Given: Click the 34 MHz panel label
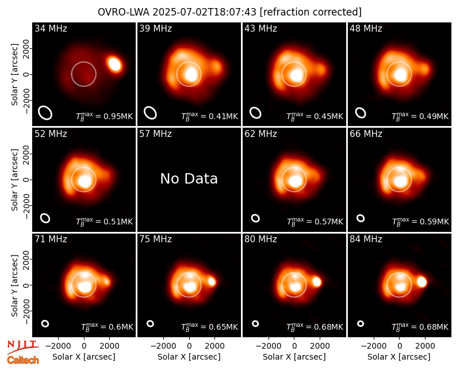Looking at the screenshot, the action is pyautogui.click(x=51, y=28).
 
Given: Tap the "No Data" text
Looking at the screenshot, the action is pyautogui.click(x=189, y=178).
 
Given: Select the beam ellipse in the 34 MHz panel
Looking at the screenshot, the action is pyautogui.click(x=45, y=113).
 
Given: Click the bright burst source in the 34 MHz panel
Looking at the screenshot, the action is pyautogui.click(x=114, y=64).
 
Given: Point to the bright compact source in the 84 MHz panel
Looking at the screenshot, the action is pyautogui.click(x=421, y=282).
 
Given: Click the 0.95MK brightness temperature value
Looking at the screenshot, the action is pyautogui.click(x=114, y=116).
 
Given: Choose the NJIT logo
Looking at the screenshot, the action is pyautogui.click(x=22, y=346).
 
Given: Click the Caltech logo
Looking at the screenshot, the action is pyautogui.click(x=23, y=360).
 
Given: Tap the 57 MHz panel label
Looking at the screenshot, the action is pyautogui.click(x=155, y=134).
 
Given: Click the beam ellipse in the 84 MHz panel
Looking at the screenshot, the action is pyautogui.click(x=361, y=323).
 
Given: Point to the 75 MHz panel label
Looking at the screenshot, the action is pyautogui.click(x=155, y=239).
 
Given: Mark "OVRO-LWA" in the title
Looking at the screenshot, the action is pyautogui.click(x=124, y=12).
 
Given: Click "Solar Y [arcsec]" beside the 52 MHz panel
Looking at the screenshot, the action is pyautogui.click(x=14, y=180).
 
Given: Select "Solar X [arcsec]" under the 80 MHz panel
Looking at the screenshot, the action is pyautogui.click(x=294, y=357).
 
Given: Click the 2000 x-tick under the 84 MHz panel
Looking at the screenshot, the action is pyautogui.click(x=425, y=346).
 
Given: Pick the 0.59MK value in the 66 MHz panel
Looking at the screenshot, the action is pyautogui.click(x=430, y=222).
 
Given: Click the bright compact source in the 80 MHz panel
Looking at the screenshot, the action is pyautogui.click(x=317, y=282).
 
